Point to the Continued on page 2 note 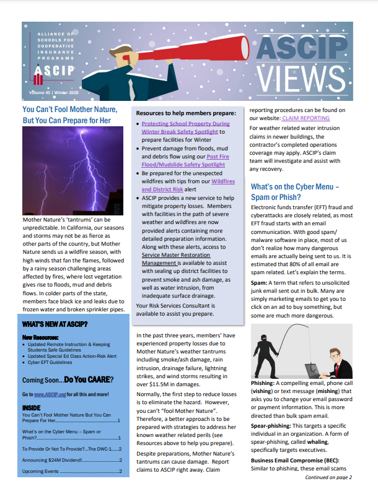[x=328, y=477]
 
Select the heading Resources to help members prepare [x=186, y=113]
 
